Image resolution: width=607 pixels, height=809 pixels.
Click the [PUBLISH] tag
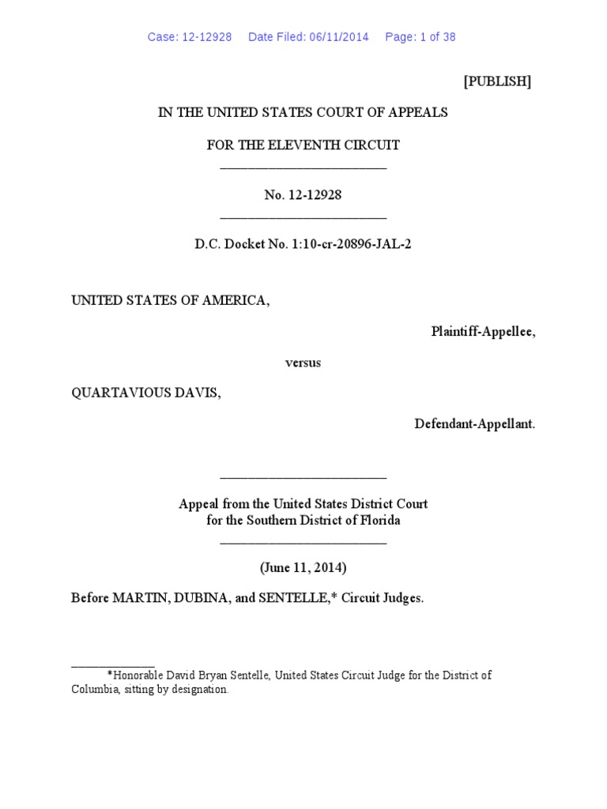pyautogui.click(x=496, y=82)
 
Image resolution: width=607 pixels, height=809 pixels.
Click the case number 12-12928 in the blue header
pyautogui.click(x=201, y=37)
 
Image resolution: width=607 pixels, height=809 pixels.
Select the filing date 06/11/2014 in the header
pyautogui.click(x=337, y=37)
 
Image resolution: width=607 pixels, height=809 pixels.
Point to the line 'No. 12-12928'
pyautogui.click(x=303, y=195)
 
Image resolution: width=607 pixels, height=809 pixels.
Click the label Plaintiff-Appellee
pyautogui.click(x=483, y=332)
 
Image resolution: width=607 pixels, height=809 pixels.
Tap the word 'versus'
pyautogui.click(x=303, y=363)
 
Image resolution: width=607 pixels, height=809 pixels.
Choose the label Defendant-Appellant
pyautogui.click(x=474, y=424)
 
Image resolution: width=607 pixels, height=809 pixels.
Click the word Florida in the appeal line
pyautogui.click(x=380, y=521)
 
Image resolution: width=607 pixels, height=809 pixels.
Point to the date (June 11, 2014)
pyautogui.click(x=303, y=567)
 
